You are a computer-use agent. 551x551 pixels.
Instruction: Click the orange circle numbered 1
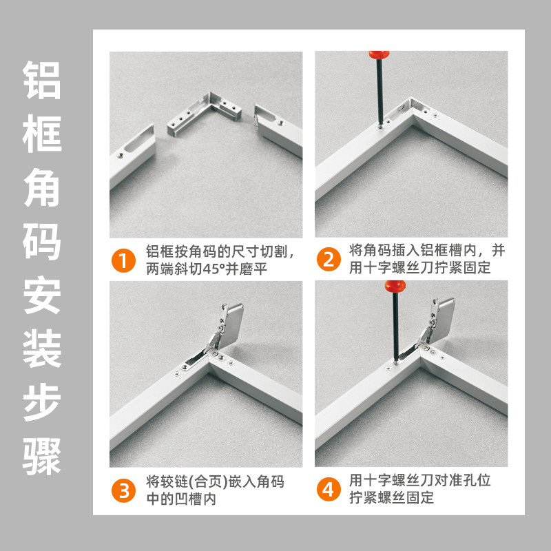coord(123,260)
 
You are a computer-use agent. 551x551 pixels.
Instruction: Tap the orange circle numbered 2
coord(329,260)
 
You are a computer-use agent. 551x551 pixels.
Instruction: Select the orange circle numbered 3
coord(123,490)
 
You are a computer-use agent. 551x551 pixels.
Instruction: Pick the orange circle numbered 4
coord(329,490)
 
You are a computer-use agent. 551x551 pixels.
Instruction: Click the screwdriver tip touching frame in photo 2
coord(381,125)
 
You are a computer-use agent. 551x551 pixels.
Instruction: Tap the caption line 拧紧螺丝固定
coord(391,497)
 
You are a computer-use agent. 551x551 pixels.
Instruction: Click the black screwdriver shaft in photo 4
coord(397,327)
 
